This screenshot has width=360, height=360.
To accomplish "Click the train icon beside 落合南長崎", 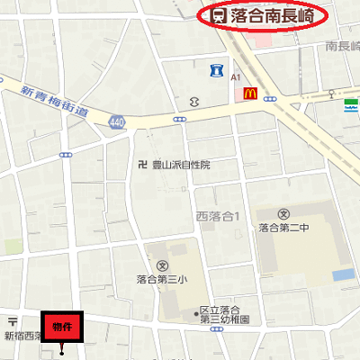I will click(219, 15).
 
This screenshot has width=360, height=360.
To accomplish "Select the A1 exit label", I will click(237, 77).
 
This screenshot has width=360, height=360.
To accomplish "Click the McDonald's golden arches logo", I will click(252, 91).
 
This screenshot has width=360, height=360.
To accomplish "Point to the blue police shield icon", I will click(216, 69).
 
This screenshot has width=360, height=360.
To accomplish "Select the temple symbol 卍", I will click(142, 165).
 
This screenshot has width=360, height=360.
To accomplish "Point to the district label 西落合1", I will click(217, 216).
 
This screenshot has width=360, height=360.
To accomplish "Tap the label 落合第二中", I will click(285, 227).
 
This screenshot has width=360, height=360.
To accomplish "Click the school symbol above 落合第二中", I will click(285, 213).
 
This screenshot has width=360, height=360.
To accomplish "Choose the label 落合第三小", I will click(162, 279).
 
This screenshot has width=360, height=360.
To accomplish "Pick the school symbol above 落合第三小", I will click(162, 265).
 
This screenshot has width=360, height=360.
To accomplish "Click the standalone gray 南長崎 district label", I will click(342, 46).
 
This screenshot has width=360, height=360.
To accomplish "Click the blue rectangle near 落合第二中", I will click(343, 274).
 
